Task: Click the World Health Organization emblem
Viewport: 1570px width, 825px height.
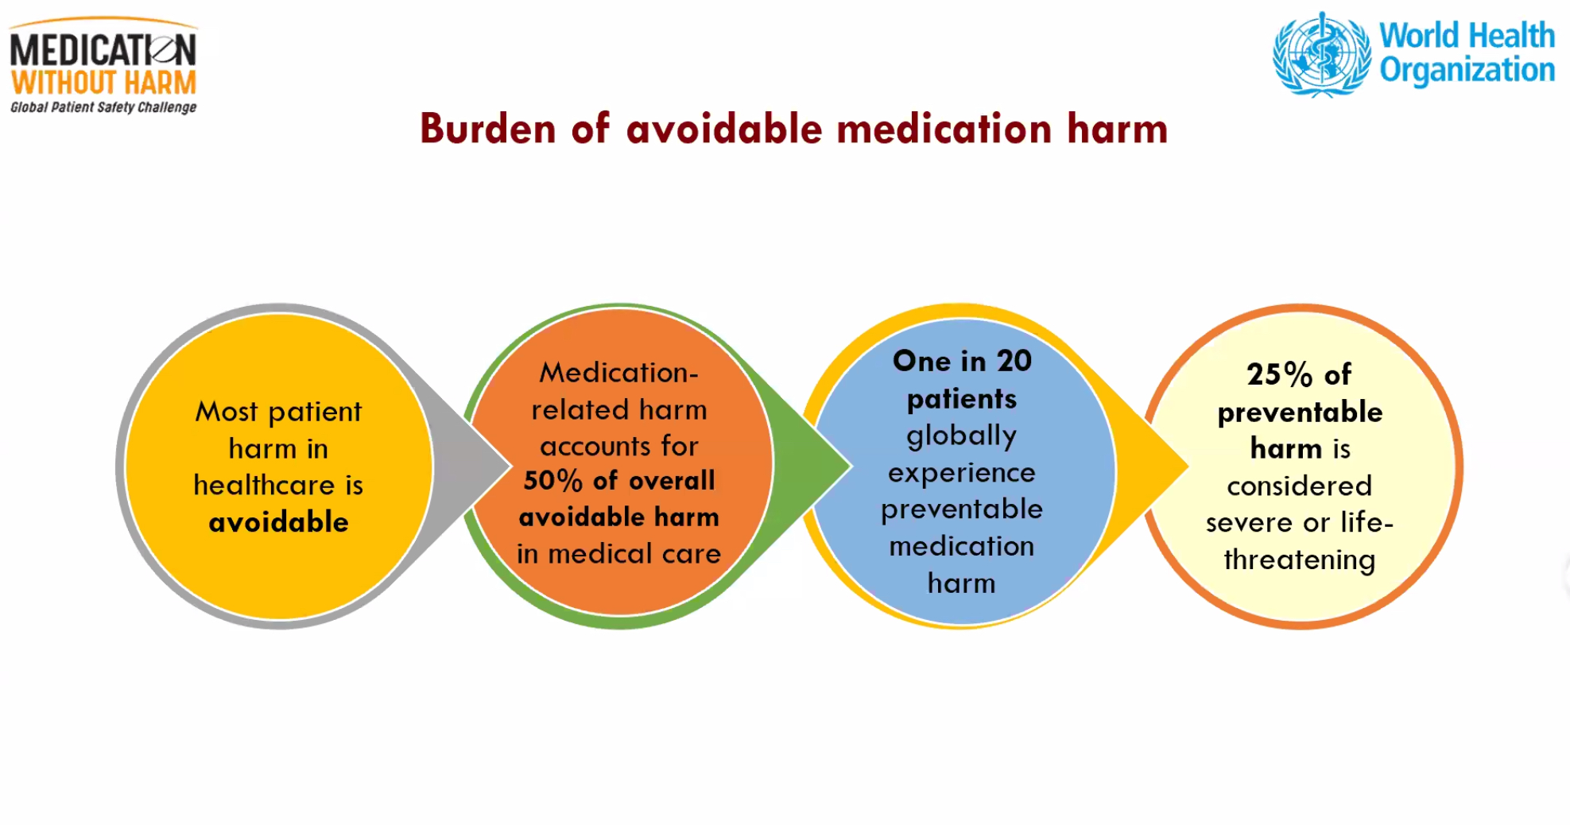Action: (x=1322, y=54)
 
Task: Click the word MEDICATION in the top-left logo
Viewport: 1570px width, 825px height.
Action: (x=103, y=50)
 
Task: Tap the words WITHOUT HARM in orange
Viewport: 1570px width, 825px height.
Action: (x=103, y=83)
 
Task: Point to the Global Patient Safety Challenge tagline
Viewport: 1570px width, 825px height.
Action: (x=103, y=107)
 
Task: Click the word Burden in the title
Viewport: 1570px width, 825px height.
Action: (x=487, y=129)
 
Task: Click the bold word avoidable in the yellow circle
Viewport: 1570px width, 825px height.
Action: (x=278, y=522)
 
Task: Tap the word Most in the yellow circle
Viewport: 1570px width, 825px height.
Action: (x=227, y=412)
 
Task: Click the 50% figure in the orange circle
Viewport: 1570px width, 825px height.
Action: (x=552, y=480)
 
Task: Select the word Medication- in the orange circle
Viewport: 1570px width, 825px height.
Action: (x=618, y=372)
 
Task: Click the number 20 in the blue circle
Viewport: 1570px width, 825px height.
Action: (x=1014, y=361)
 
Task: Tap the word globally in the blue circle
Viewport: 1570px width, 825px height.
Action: (x=961, y=436)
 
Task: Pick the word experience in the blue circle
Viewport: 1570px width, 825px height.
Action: (x=961, y=473)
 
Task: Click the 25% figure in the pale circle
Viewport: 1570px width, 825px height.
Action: (x=1279, y=374)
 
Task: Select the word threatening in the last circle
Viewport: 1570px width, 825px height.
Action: (x=1299, y=560)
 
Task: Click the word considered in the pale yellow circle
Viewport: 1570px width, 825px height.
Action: (x=1299, y=486)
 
